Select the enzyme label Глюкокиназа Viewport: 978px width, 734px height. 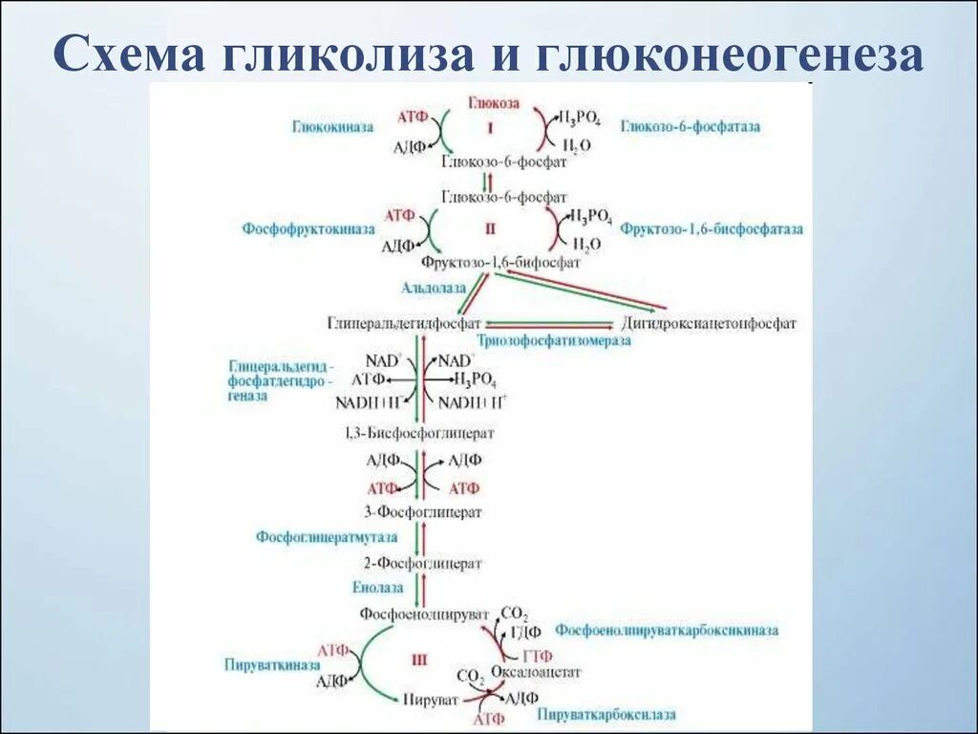333,126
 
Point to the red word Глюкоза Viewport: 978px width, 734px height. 494,101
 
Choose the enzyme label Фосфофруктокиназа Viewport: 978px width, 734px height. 308,229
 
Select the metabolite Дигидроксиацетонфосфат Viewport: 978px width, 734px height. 709,323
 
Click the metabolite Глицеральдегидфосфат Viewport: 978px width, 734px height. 404,323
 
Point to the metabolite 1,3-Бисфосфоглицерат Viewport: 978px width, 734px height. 420,433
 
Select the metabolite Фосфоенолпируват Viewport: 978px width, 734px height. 424,613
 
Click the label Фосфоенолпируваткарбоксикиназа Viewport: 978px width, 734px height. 667,631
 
